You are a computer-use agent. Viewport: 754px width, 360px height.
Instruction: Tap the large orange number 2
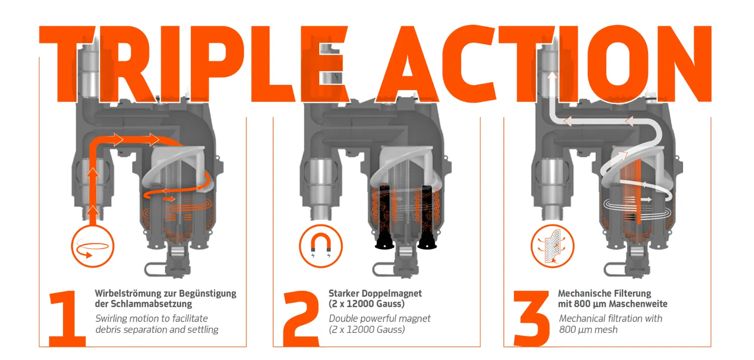tap(301, 319)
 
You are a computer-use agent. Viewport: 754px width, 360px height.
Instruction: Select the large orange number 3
tap(531, 319)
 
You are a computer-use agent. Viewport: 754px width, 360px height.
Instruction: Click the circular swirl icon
tap(92, 246)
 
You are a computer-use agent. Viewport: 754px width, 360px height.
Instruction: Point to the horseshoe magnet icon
tap(321, 246)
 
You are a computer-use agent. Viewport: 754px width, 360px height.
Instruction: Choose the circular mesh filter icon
tap(552, 246)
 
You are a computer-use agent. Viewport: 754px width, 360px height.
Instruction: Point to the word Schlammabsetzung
tap(151, 304)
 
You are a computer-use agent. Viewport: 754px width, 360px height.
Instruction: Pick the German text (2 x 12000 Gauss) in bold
tap(366, 304)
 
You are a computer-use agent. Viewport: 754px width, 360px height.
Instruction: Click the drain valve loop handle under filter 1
tap(155, 269)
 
